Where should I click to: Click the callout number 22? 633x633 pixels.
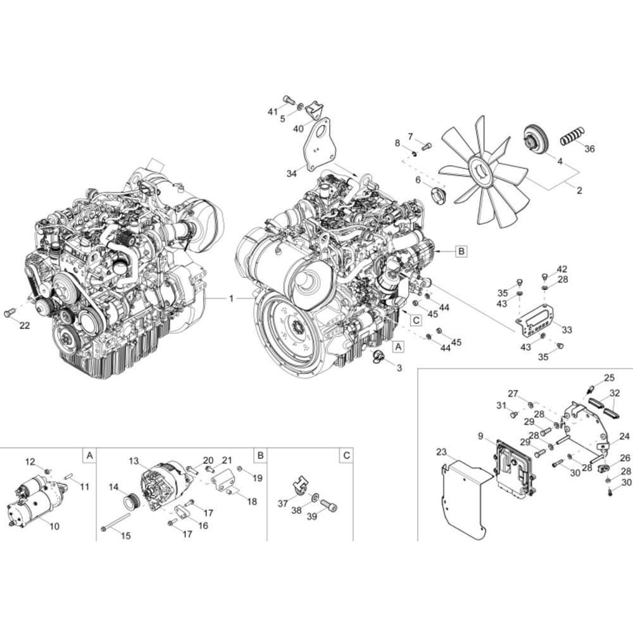point(25,325)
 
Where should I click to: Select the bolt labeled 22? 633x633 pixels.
point(9,312)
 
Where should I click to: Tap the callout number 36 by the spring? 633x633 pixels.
point(589,149)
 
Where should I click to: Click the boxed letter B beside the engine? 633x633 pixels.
point(461,251)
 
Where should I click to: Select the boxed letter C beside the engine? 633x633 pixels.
point(415,320)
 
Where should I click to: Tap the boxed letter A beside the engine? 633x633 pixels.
point(398,346)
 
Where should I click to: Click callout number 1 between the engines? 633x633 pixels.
point(231,299)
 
